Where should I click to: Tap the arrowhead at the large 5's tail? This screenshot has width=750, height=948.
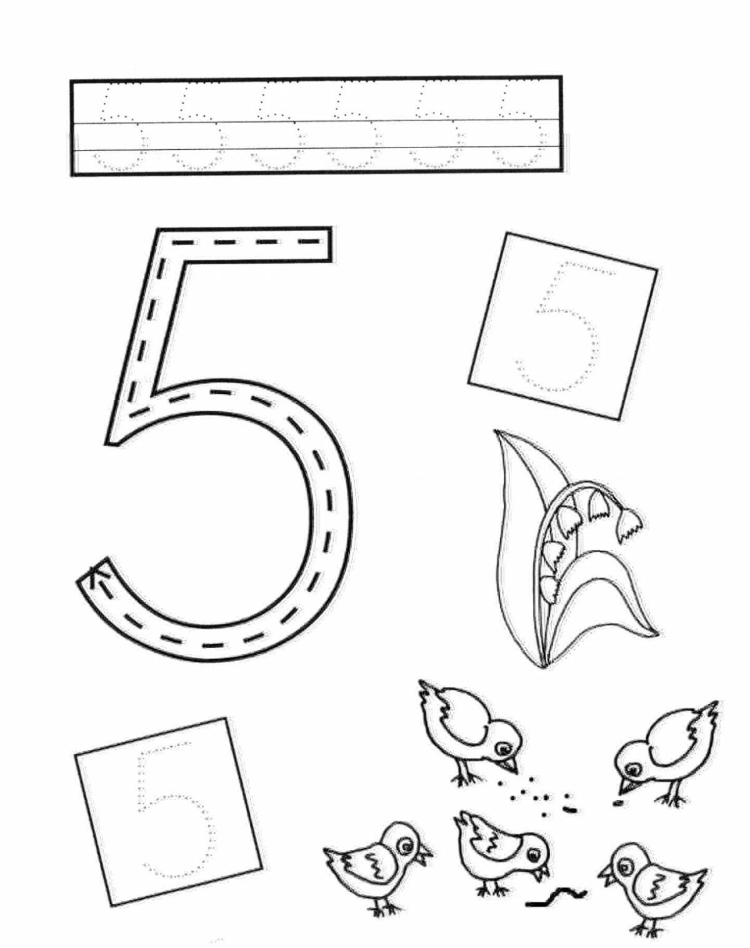coord(95,574)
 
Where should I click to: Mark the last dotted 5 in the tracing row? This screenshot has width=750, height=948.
coord(517,129)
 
